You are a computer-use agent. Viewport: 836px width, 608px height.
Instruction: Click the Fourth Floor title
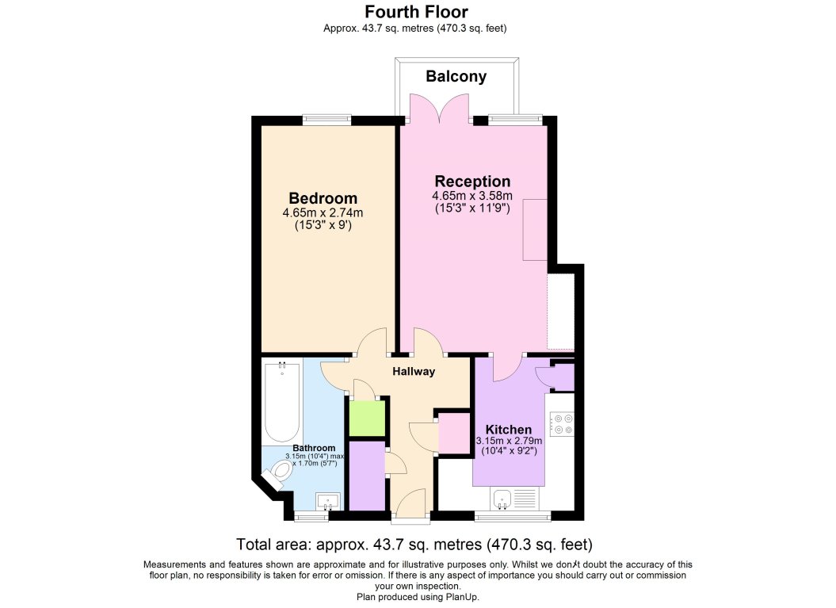(x=415, y=11)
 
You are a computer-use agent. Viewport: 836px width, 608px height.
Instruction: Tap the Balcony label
(x=456, y=77)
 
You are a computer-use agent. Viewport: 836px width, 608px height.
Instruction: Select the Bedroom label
(x=323, y=198)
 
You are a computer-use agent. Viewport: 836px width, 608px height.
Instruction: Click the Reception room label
(x=472, y=182)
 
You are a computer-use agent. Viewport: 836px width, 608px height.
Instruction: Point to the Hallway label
(x=414, y=371)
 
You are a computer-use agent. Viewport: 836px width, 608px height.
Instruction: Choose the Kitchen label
(x=509, y=429)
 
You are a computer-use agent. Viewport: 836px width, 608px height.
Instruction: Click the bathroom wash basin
(x=327, y=501)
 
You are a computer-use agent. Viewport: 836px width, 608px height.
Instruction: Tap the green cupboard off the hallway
(x=366, y=419)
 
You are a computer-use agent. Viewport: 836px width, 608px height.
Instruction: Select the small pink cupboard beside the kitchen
(x=453, y=434)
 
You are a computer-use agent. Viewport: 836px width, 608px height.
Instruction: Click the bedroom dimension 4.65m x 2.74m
(x=323, y=213)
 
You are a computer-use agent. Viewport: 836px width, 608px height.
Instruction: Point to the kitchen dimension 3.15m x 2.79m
(x=509, y=442)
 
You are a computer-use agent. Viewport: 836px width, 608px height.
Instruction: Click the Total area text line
(x=414, y=545)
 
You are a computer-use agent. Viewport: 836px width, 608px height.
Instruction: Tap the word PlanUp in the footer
(x=461, y=597)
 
